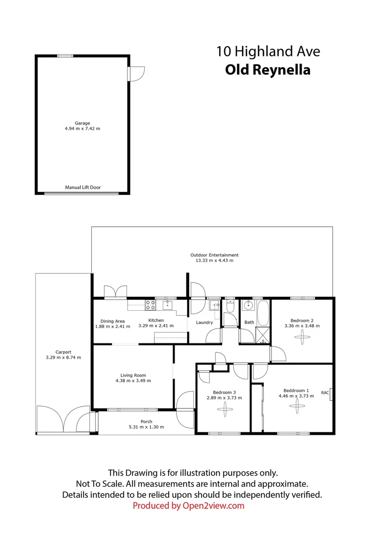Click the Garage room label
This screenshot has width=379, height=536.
click(82, 123)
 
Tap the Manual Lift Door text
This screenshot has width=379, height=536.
click(83, 188)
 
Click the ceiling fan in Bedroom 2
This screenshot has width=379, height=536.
click(302, 337)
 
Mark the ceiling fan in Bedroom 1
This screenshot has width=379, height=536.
click(296, 407)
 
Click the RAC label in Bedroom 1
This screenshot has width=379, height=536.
click(325, 393)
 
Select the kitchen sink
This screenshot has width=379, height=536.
click(168, 305)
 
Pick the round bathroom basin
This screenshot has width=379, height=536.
click(248, 306)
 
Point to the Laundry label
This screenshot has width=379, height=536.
click(204, 323)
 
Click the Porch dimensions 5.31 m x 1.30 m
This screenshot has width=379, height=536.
click(146, 427)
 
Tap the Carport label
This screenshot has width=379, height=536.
click(63, 352)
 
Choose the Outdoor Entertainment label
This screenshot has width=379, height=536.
click(211, 255)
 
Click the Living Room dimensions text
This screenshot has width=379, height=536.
click(133, 381)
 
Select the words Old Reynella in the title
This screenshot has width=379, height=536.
click(267, 70)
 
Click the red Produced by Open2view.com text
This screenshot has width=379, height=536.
click(189, 506)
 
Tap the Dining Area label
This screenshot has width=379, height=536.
click(113, 321)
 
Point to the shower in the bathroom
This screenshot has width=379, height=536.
click(260, 335)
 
